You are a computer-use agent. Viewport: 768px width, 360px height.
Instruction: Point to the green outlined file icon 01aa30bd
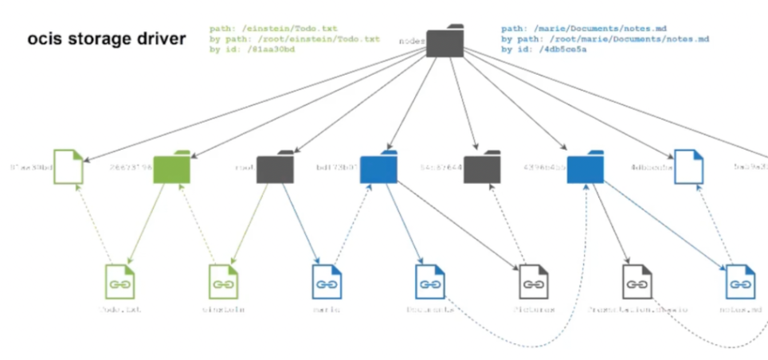click(68, 167)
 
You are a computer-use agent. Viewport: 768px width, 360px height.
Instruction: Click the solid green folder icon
click(172, 167)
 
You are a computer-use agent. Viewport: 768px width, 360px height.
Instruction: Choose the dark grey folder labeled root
click(275, 168)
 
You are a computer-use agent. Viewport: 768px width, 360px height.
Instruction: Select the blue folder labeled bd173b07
click(378, 167)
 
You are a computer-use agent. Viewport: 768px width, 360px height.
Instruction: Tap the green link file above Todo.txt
click(120, 282)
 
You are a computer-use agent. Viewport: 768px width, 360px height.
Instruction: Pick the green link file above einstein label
click(223, 282)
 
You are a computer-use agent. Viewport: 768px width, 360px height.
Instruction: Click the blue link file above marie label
click(327, 282)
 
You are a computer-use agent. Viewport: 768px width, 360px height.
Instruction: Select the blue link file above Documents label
click(430, 282)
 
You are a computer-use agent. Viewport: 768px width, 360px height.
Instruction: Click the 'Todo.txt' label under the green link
click(120, 309)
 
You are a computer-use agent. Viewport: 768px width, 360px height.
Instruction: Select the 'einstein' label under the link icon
click(223, 309)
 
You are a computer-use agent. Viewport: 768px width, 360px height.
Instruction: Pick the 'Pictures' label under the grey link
click(533, 309)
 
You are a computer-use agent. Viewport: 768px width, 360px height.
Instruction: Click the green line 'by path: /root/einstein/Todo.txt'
click(295, 38)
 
